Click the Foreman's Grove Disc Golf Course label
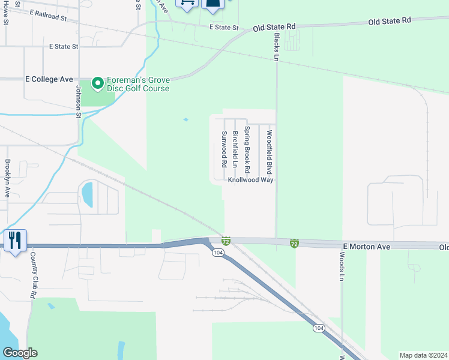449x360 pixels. pyautogui.click(x=138, y=84)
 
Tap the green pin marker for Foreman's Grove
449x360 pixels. pyautogui.click(x=98, y=81)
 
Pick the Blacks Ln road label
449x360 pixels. pyautogui.click(x=277, y=47)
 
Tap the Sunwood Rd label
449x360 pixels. pyautogui.click(x=223, y=149)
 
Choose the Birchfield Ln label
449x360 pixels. pyautogui.click(x=235, y=149)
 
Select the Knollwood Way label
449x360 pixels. pyautogui.click(x=250, y=179)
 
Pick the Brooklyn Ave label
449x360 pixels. pyautogui.click(x=8, y=178)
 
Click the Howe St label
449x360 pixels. pyautogui.click(x=5, y=13)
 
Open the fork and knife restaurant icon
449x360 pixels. pyautogui.click(x=14, y=241)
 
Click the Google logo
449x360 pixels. pyautogui.click(x=20, y=352)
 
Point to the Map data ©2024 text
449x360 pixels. pyautogui.click(x=423, y=355)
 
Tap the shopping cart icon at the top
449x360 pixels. pyautogui.click(x=187, y=3)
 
